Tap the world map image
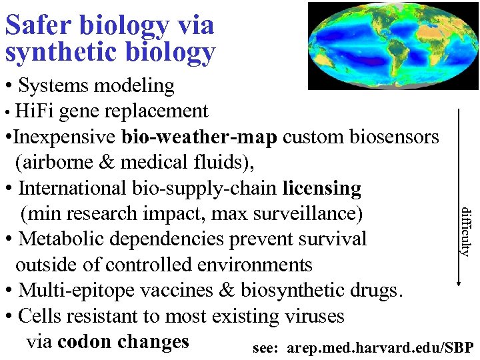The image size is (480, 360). point(393,45)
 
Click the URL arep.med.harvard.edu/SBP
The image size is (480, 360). point(380,347)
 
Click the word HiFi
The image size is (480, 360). point(35,111)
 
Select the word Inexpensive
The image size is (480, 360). point(65,137)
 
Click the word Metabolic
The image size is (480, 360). point(63,239)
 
